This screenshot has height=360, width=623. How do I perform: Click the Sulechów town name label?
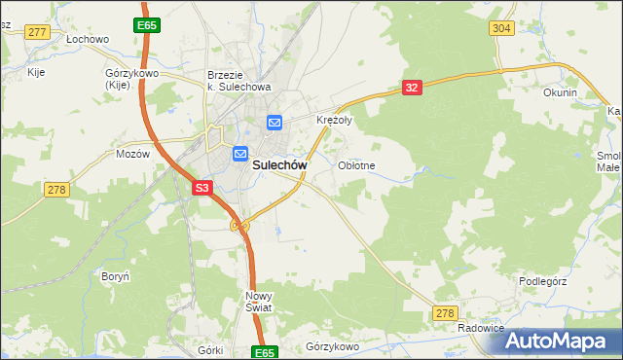pyautogui.click(x=280, y=165)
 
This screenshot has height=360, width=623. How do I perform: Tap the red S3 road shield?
pyautogui.click(x=202, y=188)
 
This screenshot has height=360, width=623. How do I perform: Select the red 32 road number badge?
pyautogui.click(x=411, y=88)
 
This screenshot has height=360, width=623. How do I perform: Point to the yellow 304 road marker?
pyautogui.click(x=501, y=28)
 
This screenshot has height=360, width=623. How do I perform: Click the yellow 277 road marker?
pyautogui.click(x=38, y=32)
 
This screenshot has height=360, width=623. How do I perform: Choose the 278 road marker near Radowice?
pyautogui.click(x=445, y=312)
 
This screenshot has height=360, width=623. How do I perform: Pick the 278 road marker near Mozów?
pyautogui.click(x=55, y=190)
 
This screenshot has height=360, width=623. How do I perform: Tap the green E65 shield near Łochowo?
pyautogui.click(x=147, y=24)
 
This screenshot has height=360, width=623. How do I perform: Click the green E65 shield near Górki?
pyautogui.click(x=264, y=352)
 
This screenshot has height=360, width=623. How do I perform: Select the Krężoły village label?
pyautogui.click(x=334, y=121)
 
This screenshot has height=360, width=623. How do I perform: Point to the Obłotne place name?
pyautogui.click(x=356, y=165)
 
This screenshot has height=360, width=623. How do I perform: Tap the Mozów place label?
pyautogui.click(x=132, y=154)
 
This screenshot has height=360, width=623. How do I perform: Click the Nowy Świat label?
pyautogui.click(x=259, y=301)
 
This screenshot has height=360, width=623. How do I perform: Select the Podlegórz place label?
pyautogui.click(x=542, y=281)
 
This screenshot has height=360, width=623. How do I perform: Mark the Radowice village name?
pyautogui.click(x=481, y=329)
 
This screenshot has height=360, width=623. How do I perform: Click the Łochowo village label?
pyautogui.click(x=87, y=39)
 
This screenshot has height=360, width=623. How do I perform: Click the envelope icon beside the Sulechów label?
pyautogui.click(x=240, y=154)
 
